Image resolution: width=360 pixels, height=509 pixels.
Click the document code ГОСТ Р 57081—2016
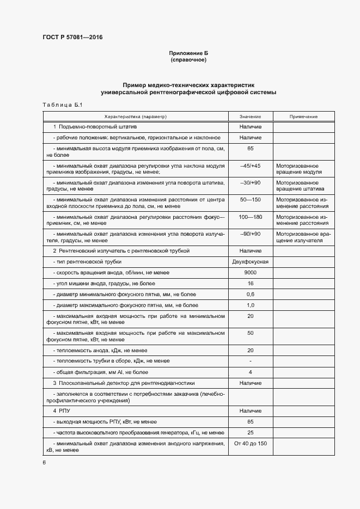tap(72, 38)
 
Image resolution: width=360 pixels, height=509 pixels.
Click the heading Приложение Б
tap(188, 53)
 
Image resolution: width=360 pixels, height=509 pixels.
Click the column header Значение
tap(251, 117)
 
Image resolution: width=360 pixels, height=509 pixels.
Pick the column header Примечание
tap(303, 117)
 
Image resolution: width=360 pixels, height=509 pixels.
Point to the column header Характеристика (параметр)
tap(136, 117)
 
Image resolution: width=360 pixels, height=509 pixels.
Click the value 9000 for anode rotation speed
tap(251, 273)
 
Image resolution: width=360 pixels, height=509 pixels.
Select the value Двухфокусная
tap(251, 262)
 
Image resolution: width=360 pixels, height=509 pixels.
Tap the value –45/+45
tap(251, 165)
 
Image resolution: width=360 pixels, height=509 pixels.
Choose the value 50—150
tap(251, 200)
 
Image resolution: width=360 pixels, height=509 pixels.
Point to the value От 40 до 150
tap(251, 444)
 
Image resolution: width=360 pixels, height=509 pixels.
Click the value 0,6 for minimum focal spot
tap(251, 295)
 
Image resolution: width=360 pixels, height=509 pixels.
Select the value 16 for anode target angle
tap(251, 284)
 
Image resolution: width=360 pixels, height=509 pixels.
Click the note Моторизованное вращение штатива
tap(300, 186)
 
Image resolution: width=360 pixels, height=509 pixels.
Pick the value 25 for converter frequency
tap(251, 433)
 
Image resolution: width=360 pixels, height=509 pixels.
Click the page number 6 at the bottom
tap(44, 463)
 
